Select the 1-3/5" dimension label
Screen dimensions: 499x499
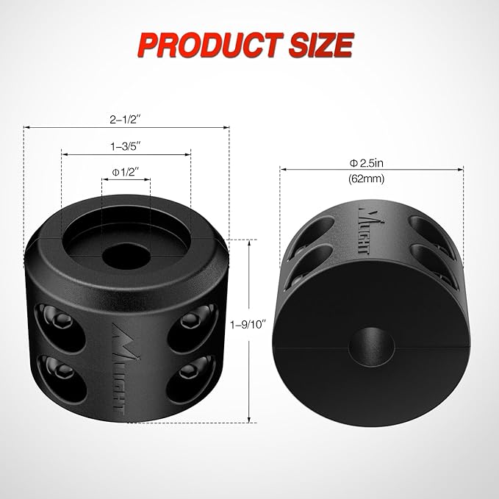126,146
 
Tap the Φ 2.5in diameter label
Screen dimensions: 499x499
370,162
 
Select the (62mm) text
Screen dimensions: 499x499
370,178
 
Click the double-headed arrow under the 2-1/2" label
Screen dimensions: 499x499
126,127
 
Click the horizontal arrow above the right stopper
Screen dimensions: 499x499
371,170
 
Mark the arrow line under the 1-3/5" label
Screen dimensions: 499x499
126,155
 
